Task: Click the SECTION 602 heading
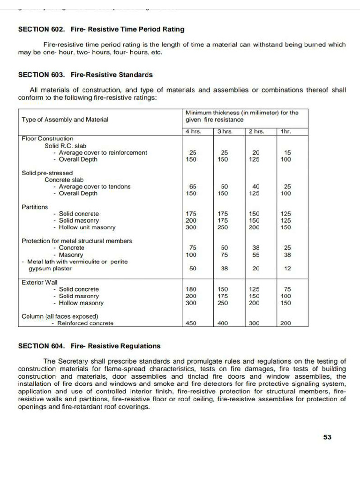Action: [101, 29]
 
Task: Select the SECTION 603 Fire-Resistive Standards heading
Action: [85, 75]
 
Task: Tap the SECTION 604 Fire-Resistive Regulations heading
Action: [89, 346]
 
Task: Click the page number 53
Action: [327, 437]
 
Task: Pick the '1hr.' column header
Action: [285, 132]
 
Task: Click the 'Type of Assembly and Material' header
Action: [65, 120]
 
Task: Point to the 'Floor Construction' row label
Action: [47, 139]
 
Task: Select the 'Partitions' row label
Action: [35, 207]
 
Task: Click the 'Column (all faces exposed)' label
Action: [60, 316]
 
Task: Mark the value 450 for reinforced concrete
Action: [191, 323]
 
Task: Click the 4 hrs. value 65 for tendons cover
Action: [192, 187]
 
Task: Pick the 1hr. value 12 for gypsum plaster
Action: [288, 269]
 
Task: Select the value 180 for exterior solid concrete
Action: [192, 289]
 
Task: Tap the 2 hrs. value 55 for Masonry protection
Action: [255, 255]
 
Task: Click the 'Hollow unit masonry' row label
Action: [87, 227]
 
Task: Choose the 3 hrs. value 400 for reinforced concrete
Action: [223, 323]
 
